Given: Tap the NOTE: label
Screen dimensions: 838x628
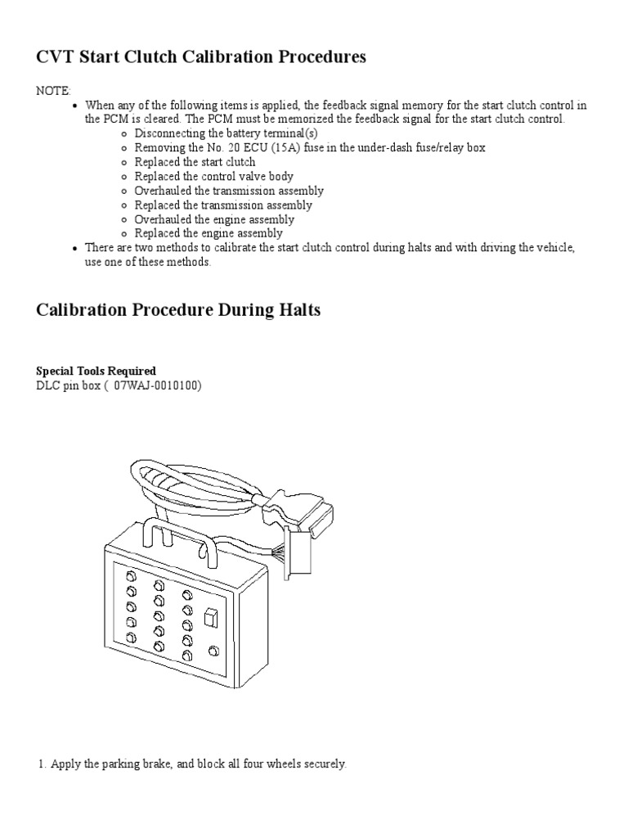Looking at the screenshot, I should [53, 91].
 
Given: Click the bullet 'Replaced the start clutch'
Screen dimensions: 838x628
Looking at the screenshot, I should [195, 162].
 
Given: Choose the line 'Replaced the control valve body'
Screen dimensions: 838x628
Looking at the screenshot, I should [213, 176].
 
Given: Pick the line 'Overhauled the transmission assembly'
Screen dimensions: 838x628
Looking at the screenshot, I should [229, 191].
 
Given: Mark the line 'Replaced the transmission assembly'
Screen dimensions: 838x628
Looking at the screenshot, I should [223, 205].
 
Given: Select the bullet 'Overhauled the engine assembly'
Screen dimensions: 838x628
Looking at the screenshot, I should [214, 219].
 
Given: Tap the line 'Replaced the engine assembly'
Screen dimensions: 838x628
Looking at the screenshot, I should [209, 234].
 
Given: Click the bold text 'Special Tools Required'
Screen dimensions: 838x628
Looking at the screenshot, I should [96, 371].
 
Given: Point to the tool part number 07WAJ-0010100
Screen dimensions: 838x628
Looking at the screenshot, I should [161, 385].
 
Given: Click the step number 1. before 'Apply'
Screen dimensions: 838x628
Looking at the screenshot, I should [42, 764].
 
